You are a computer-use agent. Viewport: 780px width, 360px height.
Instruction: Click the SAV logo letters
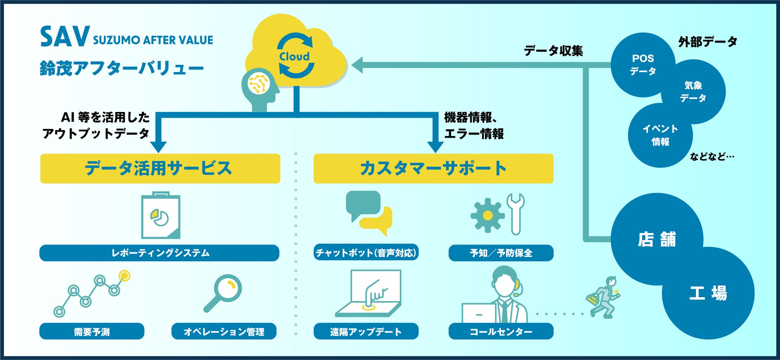[x=64, y=37]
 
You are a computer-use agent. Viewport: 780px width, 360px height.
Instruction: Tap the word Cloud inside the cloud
[x=294, y=56]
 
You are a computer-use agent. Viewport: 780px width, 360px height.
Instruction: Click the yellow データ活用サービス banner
[x=160, y=168]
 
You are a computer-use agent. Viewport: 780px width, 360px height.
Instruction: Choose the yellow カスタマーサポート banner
[x=433, y=168]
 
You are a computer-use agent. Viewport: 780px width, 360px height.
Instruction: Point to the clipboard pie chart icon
[x=161, y=216]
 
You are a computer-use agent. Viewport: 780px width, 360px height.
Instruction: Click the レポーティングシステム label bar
[x=159, y=253]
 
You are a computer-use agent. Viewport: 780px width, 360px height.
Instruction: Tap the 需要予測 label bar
[x=92, y=332]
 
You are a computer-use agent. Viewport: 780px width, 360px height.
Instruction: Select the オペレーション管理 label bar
[x=224, y=332]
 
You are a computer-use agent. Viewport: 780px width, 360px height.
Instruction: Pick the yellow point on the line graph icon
[x=125, y=276]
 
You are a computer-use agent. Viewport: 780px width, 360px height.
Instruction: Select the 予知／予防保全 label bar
[x=501, y=253]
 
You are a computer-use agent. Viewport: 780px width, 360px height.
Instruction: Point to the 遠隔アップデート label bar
[x=366, y=332]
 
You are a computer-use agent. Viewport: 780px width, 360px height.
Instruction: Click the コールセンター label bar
[x=501, y=332]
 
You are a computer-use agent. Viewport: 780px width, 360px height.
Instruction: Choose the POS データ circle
[x=642, y=64]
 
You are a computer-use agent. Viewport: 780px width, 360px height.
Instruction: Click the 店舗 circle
[x=656, y=239]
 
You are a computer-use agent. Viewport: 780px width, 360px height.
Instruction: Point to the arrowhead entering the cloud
[x=357, y=65]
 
